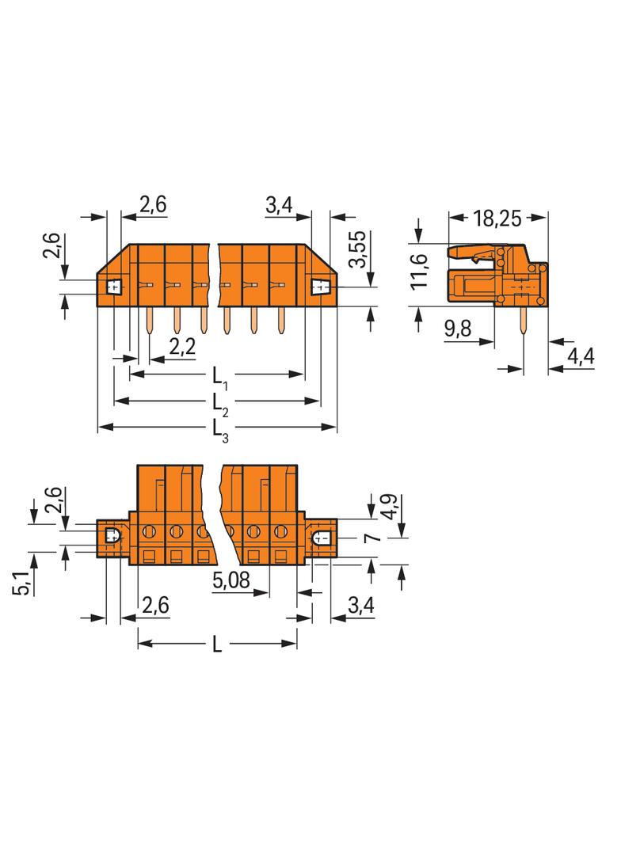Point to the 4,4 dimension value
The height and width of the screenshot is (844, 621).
(581, 358)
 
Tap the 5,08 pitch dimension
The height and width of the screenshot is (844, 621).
(231, 583)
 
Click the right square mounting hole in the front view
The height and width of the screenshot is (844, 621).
(322, 286)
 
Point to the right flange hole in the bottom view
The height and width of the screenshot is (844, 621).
(322, 538)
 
